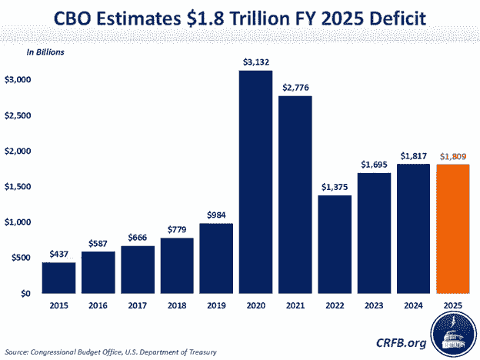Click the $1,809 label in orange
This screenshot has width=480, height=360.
(x=453, y=156)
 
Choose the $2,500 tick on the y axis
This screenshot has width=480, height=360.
(x=18, y=115)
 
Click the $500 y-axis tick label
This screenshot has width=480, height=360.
(x=21, y=258)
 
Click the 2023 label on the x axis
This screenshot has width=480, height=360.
(x=375, y=305)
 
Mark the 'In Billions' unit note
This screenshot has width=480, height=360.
(x=45, y=52)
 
